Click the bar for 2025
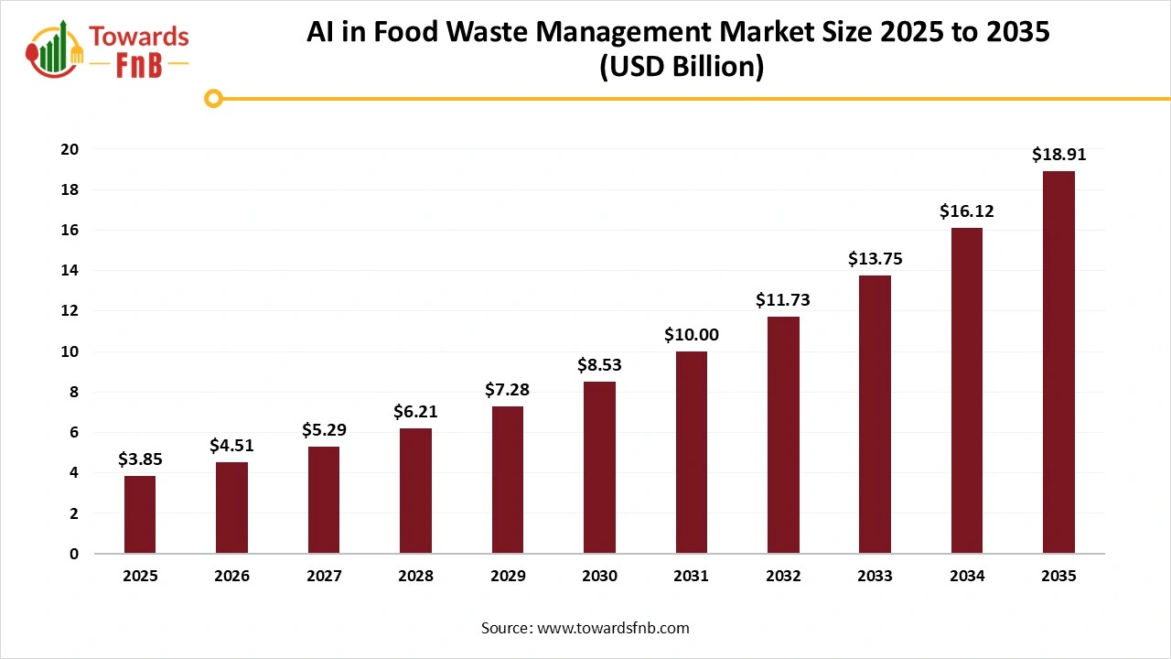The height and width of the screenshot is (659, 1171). (x=140, y=514)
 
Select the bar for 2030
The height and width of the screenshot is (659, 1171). (x=599, y=467)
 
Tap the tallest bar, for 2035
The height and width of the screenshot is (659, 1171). (x=1058, y=362)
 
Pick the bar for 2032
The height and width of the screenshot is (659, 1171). (x=783, y=435)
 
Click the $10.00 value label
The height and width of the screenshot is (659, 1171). (x=692, y=335)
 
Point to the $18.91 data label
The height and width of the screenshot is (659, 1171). (x=1058, y=155)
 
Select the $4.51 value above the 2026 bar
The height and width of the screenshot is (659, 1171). (x=231, y=446)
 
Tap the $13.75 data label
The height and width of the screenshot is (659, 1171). (x=876, y=259)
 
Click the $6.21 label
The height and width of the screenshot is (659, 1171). (x=415, y=412)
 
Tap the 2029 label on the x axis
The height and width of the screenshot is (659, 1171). (x=508, y=577)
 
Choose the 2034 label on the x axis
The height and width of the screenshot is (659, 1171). (x=967, y=577)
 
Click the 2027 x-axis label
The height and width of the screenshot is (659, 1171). (x=324, y=577)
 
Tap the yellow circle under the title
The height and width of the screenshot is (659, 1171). (x=213, y=98)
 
